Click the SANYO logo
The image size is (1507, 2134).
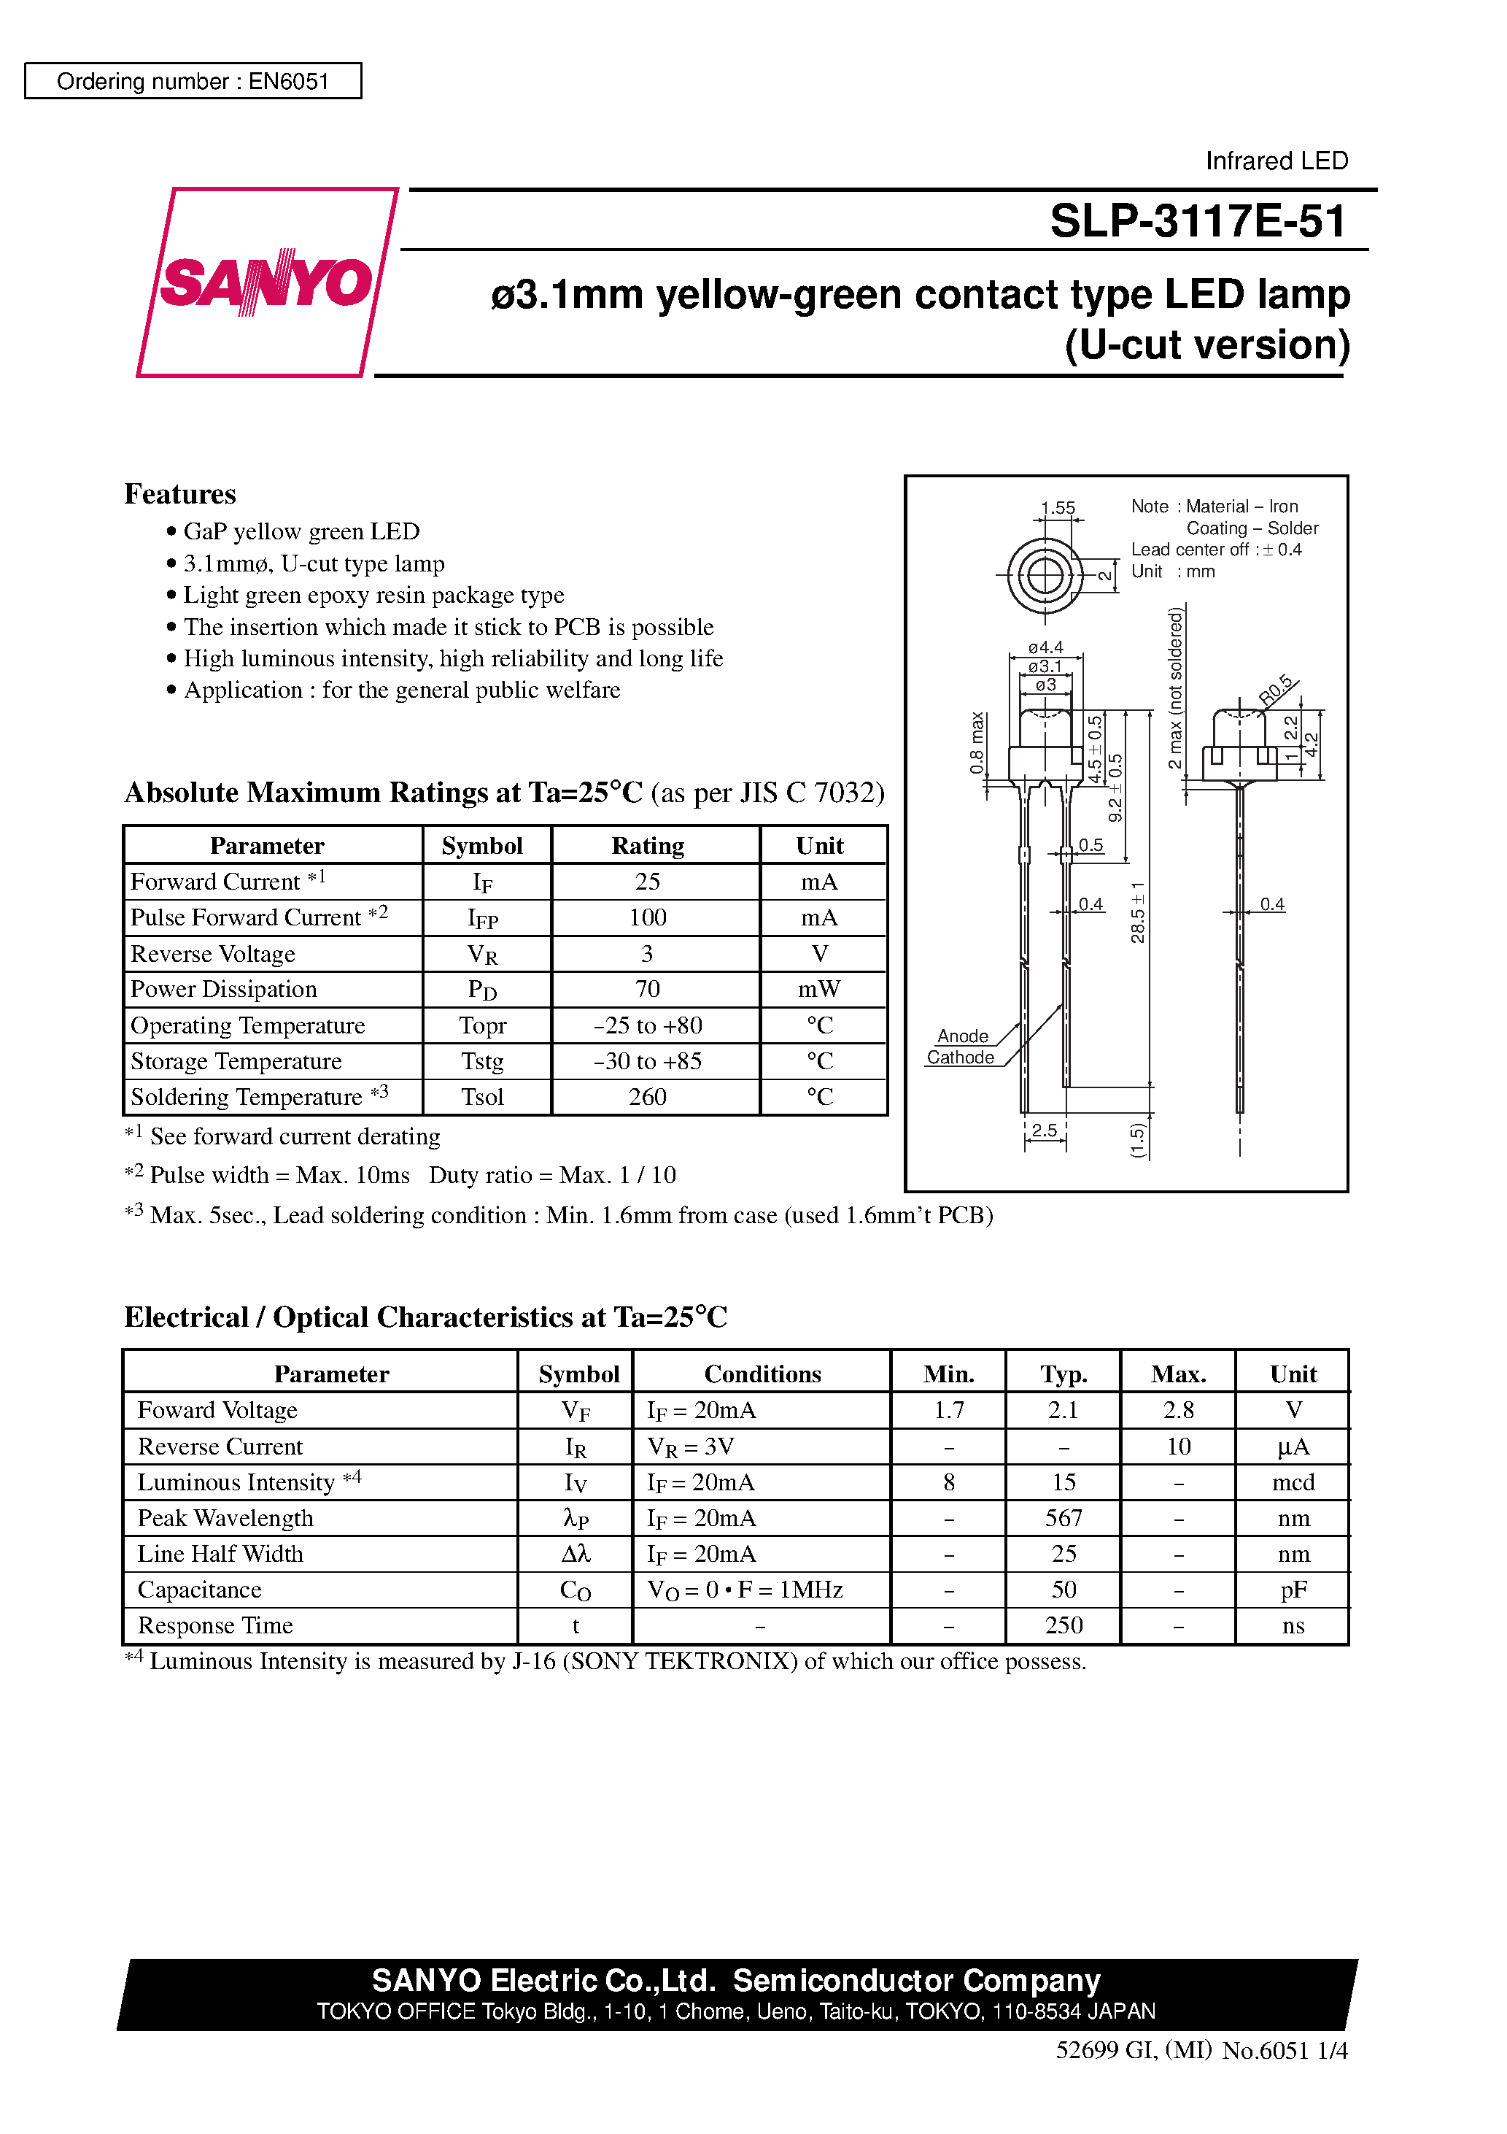tap(267, 282)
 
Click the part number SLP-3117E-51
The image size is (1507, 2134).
tap(1197, 221)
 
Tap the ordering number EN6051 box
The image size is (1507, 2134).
tap(193, 81)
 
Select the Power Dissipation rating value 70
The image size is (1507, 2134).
tap(648, 989)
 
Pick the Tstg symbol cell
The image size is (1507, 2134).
tap(482, 1061)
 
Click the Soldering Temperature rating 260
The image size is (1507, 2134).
tap(648, 1097)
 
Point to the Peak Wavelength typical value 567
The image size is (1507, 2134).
tap(1063, 1518)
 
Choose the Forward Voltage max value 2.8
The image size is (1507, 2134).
tap(1178, 1410)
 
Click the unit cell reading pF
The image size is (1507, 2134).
tap(1293, 1590)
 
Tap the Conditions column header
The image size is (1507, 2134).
tap(762, 1374)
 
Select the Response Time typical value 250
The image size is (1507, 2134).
tap(1063, 1625)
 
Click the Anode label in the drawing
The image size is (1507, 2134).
tap(963, 1036)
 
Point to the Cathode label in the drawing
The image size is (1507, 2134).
tap(960, 1058)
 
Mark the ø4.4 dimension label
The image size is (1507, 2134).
tap(1045, 647)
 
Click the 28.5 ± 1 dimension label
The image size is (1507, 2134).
tap(1138, 913)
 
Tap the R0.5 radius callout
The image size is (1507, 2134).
tap(1277, 690)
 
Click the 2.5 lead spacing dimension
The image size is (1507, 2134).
tap(1045, 1130)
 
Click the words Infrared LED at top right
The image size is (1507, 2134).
tap(1276, 161)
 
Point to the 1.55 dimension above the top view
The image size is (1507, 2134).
tap(1058, 507)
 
